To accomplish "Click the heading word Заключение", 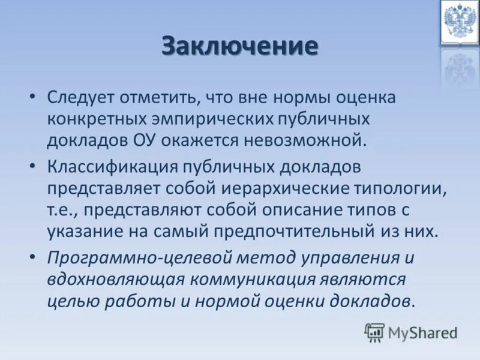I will tap(239, 46).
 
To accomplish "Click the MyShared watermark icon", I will tap(374, 332).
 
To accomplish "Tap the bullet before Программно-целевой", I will tap(34, 257).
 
